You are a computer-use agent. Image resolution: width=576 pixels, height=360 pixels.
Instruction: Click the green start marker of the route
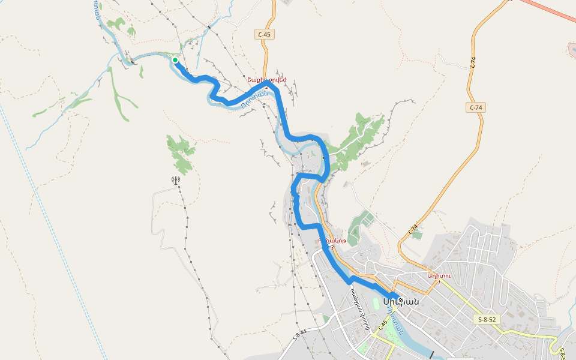coord(175,60)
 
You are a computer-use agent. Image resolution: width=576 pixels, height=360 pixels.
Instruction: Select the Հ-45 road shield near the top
coord(264,34)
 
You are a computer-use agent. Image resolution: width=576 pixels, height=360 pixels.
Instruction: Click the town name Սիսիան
coord(400,301)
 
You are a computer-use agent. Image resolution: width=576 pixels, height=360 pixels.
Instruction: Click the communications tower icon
coord(176,180)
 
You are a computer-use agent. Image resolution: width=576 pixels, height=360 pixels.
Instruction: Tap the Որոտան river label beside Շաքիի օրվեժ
coord(253,103)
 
